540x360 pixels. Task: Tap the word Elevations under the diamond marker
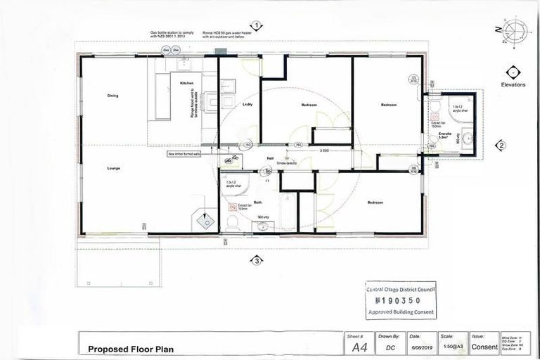513,84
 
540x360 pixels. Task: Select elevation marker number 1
257,26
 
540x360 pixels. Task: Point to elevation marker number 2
501,146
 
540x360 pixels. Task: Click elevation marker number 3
257,260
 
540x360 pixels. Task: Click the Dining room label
112,95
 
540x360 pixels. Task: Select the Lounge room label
112,169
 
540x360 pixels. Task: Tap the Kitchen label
186,83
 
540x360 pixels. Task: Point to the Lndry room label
247,105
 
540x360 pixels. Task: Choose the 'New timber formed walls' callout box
184,153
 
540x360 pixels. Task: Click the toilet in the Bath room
233,224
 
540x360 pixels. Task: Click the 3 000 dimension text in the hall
324,150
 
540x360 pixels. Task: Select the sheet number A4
359,347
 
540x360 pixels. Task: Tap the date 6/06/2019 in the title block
418,347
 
